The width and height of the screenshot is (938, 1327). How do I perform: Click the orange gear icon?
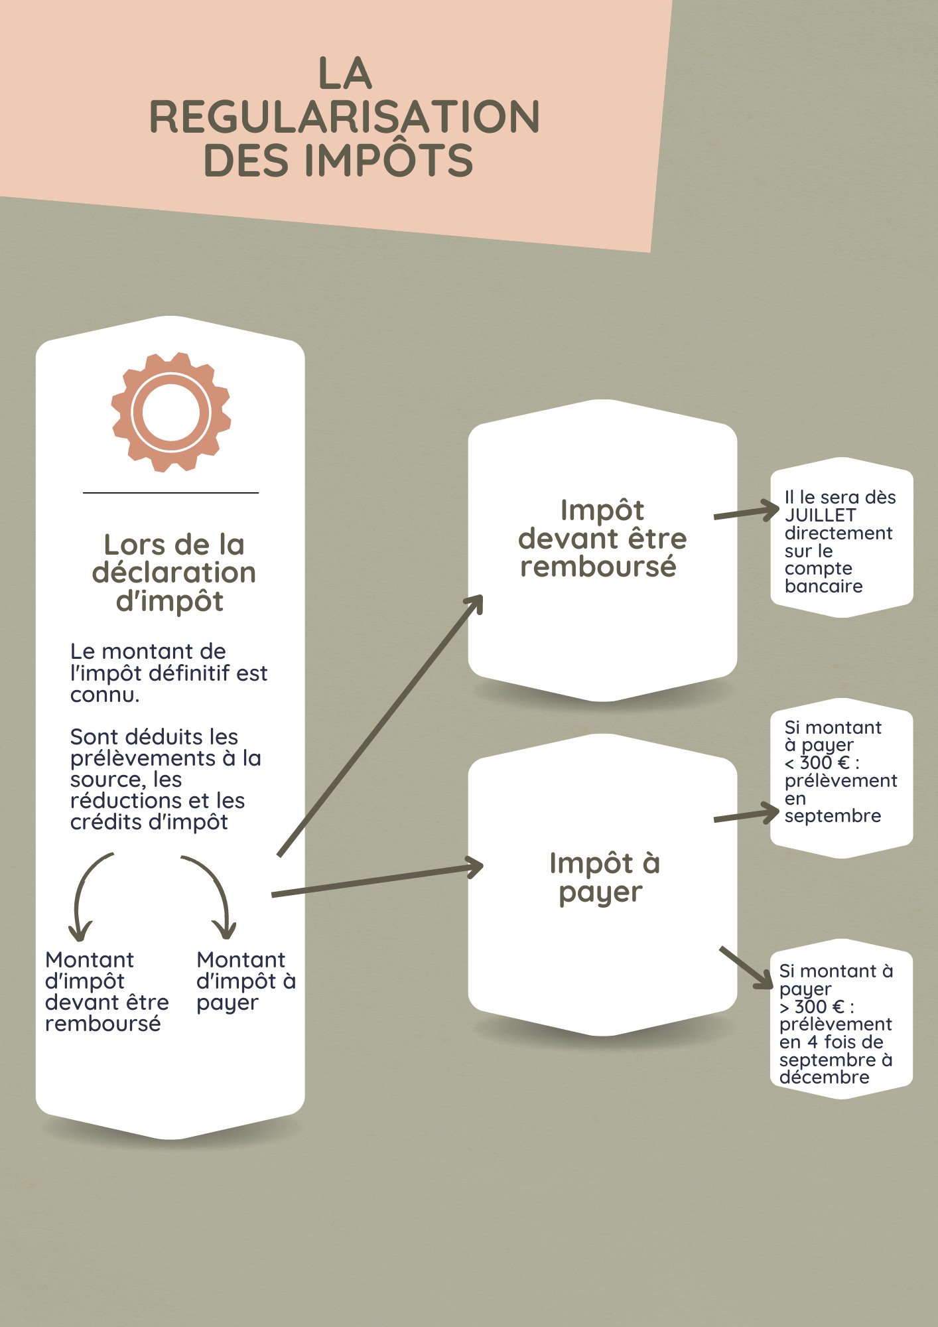coord(171,412)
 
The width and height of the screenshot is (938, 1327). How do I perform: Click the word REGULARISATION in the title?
coord(344,117)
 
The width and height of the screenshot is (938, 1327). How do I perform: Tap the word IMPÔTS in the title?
coord(389,161)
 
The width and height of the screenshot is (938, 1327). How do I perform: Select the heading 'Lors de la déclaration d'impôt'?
coord(174,573)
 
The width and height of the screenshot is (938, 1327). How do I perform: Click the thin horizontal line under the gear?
coord(170,493)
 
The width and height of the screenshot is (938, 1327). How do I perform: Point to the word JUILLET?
coord(820,516)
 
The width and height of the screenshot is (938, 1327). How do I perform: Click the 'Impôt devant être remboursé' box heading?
coord(602,538)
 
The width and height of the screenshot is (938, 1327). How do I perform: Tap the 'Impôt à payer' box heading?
coord(604,877)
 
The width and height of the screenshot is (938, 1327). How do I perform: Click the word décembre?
coord(824,1078)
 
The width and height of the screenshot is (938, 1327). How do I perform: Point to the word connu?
coord(104,695)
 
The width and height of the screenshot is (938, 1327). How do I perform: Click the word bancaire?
coord(823,587)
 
